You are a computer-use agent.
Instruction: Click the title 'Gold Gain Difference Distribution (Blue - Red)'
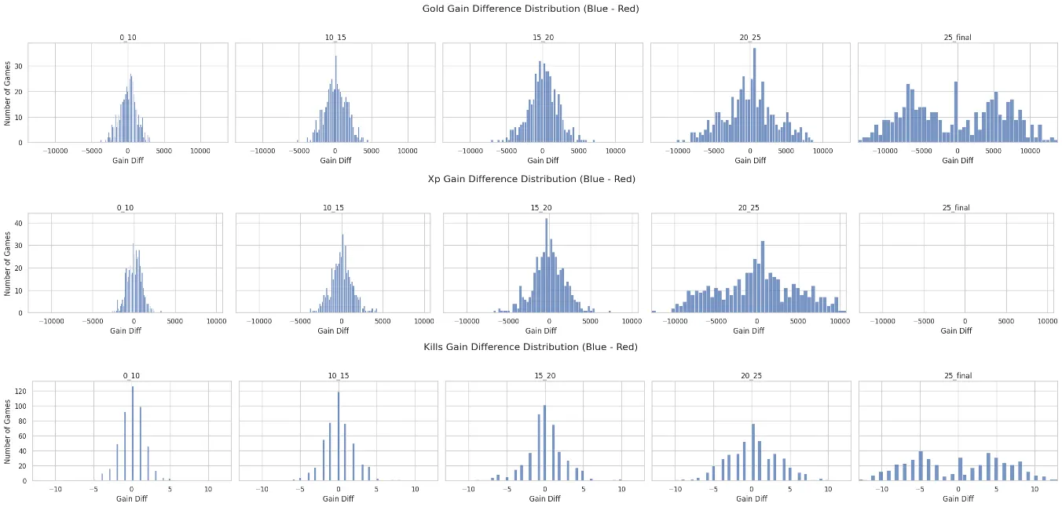tap(531, 9)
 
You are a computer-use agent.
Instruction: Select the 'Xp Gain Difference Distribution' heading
tap(531, 179)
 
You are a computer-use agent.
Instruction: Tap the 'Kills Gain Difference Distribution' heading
tap(531, 346)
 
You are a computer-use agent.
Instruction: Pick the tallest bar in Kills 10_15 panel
tap(339, 436)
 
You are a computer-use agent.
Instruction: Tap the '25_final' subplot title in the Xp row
tap(956, 208)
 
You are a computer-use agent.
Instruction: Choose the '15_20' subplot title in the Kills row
tap(544, 376)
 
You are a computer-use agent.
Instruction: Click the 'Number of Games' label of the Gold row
tap(8, 93)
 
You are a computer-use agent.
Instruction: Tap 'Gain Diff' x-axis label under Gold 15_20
tap(542, 161)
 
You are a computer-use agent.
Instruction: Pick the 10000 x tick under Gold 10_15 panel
tap(407, 150)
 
